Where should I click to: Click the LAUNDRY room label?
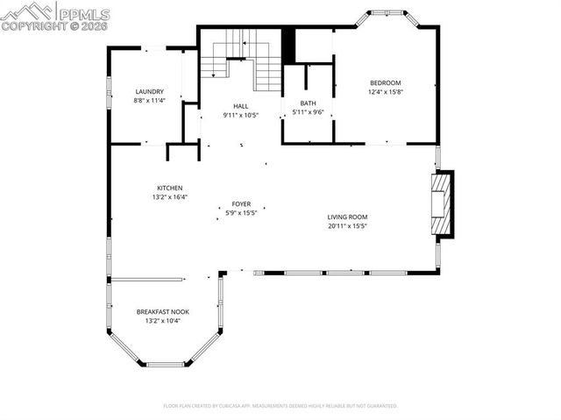pos(150,92)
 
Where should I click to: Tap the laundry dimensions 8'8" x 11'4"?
pos(150,101)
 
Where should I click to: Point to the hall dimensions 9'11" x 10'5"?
pos(241,114)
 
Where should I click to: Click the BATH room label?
pos(308,103)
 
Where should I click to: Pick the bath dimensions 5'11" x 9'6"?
pos(308,111)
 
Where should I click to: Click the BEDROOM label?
pos(385,82)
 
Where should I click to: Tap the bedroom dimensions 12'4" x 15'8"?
pos(385,91)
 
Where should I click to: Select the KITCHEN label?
pos(169,188)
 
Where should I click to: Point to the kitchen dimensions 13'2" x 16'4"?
pos(169,196)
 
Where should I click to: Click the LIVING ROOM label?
pos(347,217)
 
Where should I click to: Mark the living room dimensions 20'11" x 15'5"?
pos(347,225)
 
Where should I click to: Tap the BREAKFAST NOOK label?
pos(162,311)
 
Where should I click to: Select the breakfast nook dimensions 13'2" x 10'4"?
pos(162,320)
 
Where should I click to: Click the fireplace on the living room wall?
pos(444,204)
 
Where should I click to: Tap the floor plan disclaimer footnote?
pos(280,406)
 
